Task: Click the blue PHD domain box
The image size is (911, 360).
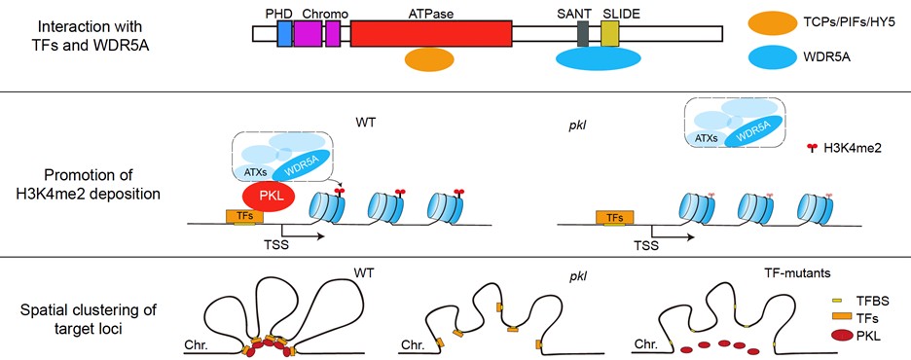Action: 284,34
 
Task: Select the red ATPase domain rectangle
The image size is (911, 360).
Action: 431,34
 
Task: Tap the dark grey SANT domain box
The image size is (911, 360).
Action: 584,34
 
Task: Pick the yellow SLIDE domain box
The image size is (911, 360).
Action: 610,34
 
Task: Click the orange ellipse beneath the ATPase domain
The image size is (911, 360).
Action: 429,59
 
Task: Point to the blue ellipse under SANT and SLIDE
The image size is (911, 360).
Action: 599,58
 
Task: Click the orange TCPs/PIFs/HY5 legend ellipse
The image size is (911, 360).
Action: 772,23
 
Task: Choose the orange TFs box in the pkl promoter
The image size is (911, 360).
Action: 615,218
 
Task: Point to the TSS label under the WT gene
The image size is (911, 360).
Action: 276,244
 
